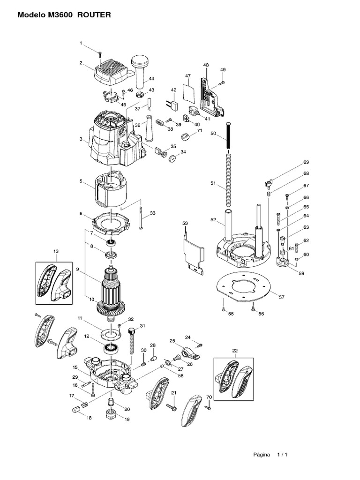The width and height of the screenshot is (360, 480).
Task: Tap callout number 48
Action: (206, 65)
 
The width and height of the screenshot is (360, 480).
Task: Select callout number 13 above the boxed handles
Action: (56, 252)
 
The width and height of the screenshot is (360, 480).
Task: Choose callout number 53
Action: (184, 224)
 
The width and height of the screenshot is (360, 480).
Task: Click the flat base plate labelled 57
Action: (244, 286)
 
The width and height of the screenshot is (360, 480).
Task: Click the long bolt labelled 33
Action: (140, 214)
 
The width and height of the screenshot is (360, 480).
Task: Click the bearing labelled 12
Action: (111, 348)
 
